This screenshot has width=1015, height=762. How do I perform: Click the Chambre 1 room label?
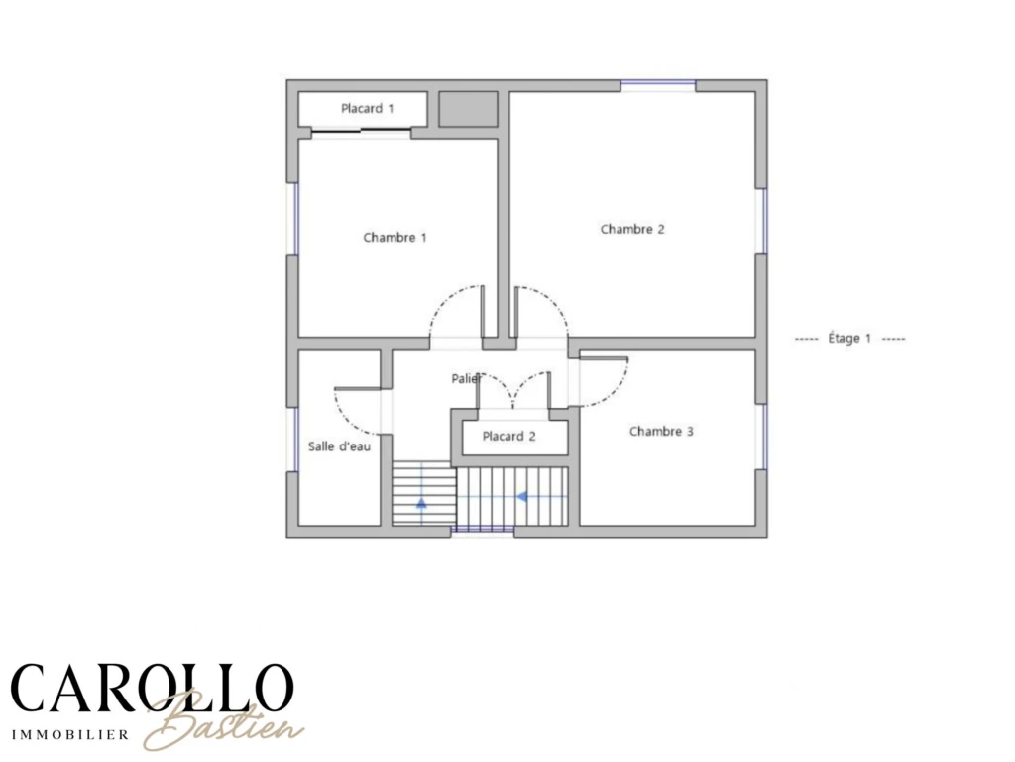click(x=395, y=238)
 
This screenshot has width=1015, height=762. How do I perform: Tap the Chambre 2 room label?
click(x=632, y=229)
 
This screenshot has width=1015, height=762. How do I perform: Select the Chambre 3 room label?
click(x=661, y=431)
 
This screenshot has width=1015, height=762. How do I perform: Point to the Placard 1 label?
click(x=367, y=109)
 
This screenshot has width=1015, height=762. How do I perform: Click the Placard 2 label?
click(x=508, y=437)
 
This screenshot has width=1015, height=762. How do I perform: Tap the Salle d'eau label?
click(x=339, y=446)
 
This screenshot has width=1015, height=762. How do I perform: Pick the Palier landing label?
click(x=466, y=378)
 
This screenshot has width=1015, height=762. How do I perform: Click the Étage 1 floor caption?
click(x=849, y=339)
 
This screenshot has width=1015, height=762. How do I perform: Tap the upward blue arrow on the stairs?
click(x=421, y=502)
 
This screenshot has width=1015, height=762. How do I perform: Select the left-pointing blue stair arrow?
click(x=521, y=497)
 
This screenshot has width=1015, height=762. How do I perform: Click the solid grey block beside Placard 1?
click(x=468, y=109)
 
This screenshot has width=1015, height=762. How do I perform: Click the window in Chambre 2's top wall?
click(x=658, y=85)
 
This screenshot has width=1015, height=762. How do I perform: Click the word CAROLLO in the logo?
click(x=152, y=688)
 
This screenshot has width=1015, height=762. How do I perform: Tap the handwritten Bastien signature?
click(x=223, y=722)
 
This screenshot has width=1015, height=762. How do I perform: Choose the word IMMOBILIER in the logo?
click(x=70, y=735)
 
